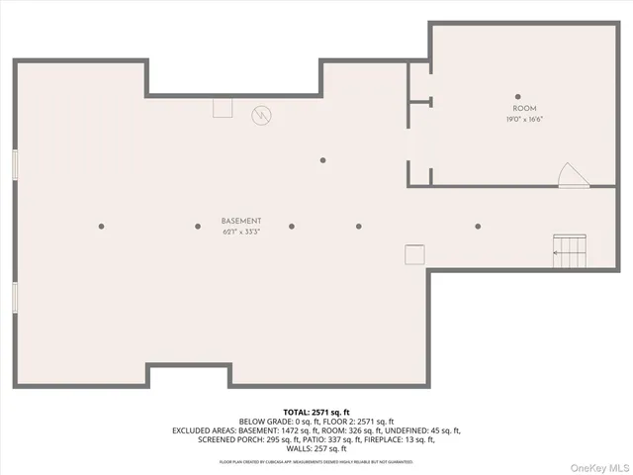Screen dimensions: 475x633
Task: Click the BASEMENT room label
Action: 241,221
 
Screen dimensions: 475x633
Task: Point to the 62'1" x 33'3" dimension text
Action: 241,233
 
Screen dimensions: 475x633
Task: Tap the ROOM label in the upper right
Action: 524,108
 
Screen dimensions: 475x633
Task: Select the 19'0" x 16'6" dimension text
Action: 524,119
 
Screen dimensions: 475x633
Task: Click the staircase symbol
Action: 570,251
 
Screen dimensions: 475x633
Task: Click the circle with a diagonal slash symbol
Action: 261,115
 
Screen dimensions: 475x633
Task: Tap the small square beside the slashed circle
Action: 222,108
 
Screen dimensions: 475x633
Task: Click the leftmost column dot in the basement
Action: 101,226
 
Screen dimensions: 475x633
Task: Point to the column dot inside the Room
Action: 517,96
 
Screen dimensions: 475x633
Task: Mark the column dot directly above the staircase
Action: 478,226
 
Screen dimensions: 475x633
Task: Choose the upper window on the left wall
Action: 15,165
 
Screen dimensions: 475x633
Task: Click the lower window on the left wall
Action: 15,297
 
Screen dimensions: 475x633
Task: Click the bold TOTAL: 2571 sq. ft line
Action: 316,411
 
